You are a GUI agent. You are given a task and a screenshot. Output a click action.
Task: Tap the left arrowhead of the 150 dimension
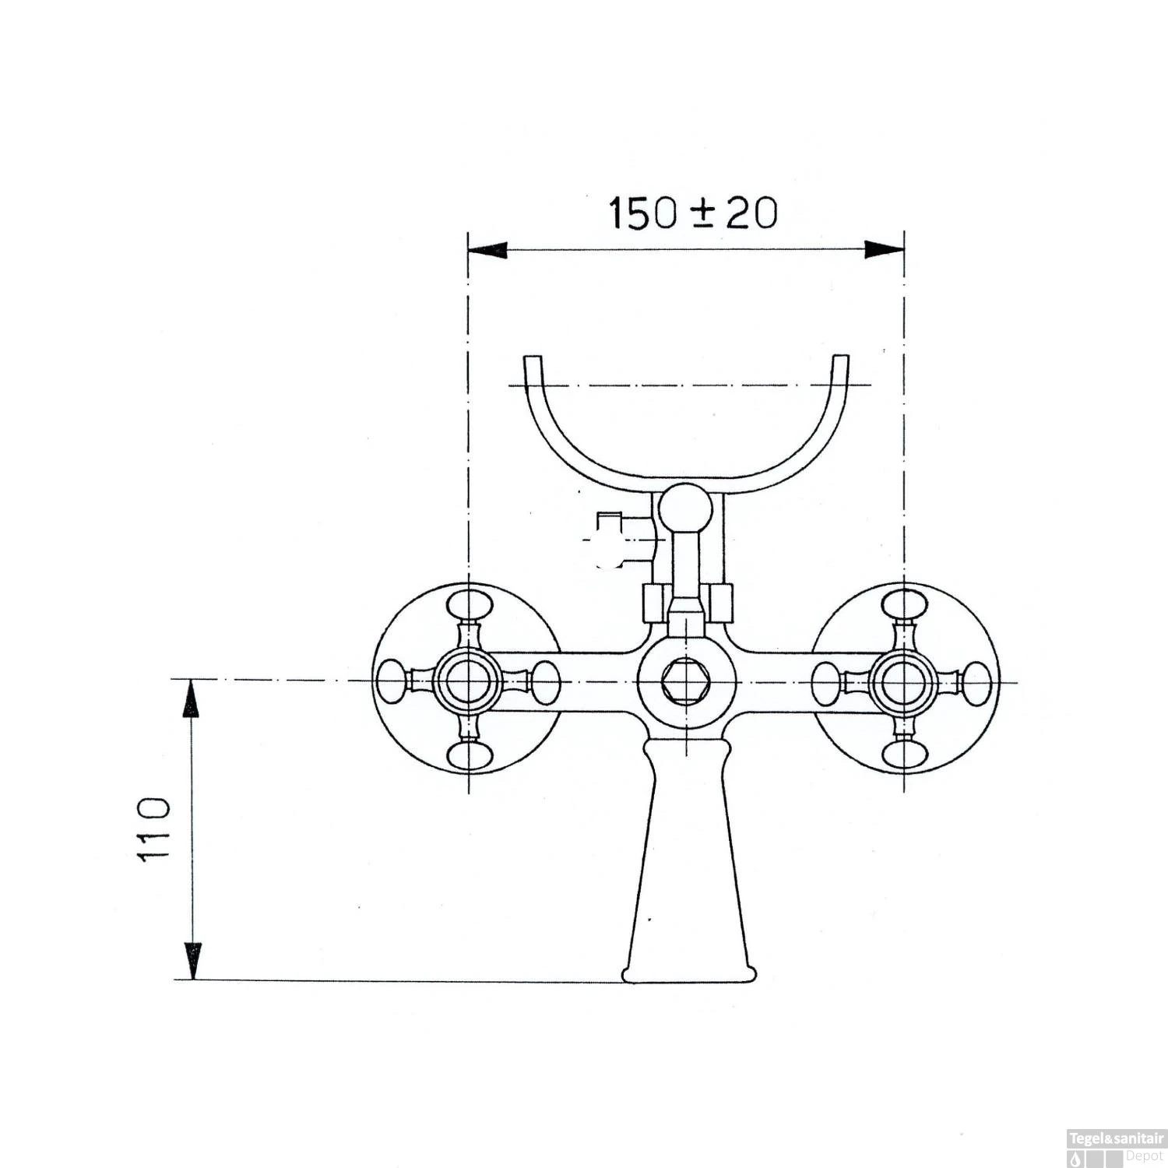[x=487, y=249]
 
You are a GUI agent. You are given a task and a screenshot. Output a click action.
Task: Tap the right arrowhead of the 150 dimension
[x=885, y=249]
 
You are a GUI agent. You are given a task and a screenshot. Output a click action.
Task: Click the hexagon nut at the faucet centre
[x=685, y=681]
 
